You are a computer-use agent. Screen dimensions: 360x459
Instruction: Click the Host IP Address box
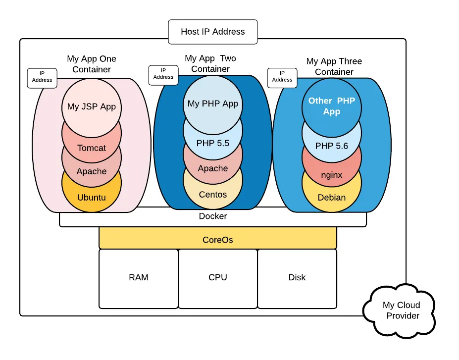click(213, 32)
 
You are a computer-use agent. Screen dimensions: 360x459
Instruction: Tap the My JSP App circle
click(92, 106)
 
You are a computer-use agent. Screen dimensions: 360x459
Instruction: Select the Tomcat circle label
click(92, 148)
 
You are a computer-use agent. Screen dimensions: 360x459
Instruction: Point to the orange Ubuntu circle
click(92, 198)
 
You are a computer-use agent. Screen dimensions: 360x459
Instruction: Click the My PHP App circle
click(213, 104)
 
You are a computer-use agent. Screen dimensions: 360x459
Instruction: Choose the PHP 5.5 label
click(213, 144)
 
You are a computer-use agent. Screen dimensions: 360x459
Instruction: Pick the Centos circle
click(213, 195)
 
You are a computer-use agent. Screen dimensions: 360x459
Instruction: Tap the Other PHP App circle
click(332, 106)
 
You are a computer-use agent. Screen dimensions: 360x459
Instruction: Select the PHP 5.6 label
click(332, 146)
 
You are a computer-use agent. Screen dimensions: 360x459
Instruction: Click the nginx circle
click(332, 175)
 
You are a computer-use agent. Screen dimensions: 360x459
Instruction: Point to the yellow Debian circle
click(332, 198)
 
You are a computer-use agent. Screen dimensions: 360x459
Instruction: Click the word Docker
click(213, 216)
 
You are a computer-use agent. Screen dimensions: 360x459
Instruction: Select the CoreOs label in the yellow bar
click(218, 240)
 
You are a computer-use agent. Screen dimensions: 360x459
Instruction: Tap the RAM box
click(139, 278)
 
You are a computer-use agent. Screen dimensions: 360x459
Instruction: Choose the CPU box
click(218, 278)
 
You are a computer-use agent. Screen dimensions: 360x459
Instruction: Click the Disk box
click(297, 278)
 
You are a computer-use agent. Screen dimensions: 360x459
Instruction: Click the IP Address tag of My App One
click(42, 77)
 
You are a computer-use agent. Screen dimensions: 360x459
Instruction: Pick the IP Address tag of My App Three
click(282, 77)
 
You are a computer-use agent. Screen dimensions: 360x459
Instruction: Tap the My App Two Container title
click(210, 64)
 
